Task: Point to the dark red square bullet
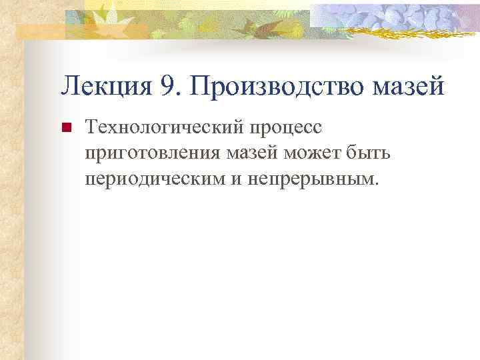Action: pos(65,127)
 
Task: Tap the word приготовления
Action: pos(144,153)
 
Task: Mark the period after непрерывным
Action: pos(375,184)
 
